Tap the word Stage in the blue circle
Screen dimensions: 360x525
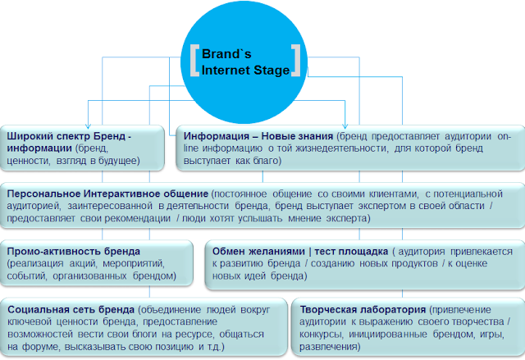click(272, 71)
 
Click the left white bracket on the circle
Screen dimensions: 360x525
click(192, 61)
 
